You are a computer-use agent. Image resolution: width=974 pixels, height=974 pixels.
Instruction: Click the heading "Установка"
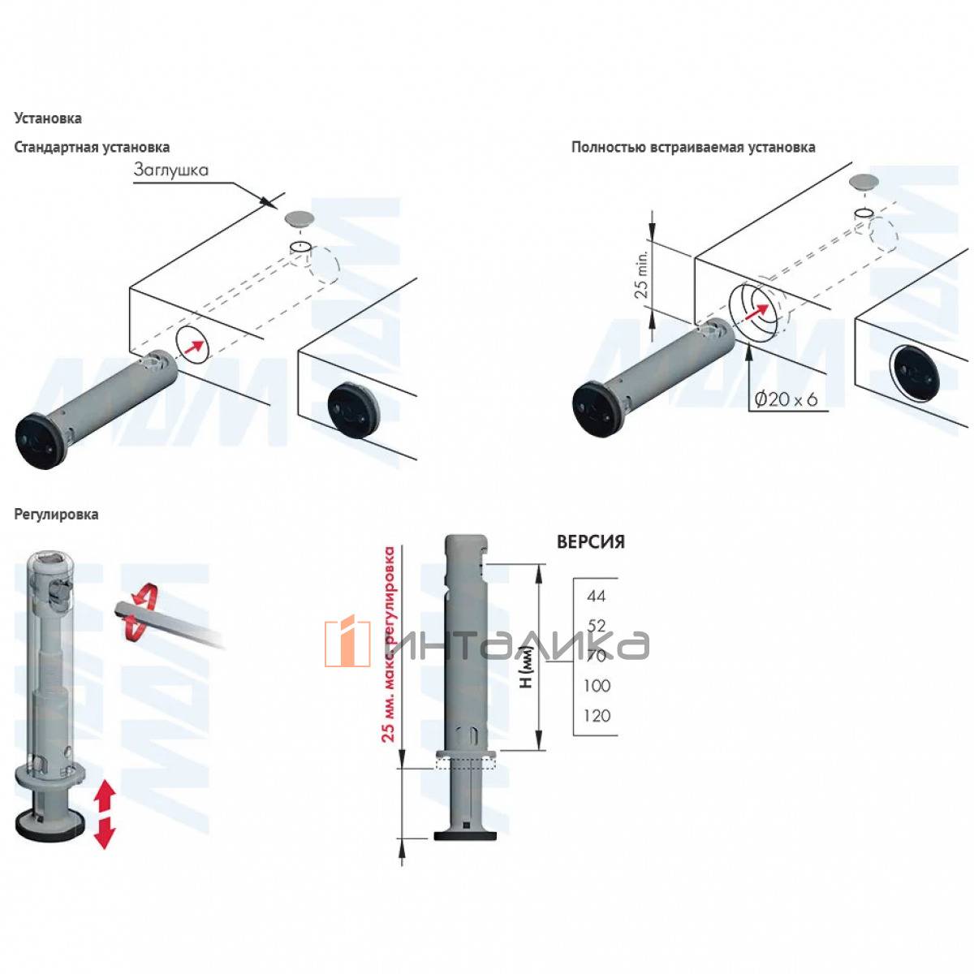coord(48,119)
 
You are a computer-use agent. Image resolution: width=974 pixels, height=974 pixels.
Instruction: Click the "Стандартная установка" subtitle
coord(92,147)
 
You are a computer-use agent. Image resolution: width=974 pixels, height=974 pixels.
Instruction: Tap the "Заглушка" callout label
coord(171,170)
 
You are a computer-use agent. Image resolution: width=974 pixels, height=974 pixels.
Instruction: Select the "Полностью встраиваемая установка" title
coord(693,147)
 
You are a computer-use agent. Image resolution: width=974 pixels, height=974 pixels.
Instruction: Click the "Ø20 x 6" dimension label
coord(786,399)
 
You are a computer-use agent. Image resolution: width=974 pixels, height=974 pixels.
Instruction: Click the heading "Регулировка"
coord(56,515)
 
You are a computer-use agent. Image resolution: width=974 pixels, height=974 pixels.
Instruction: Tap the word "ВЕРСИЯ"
coord(590,542)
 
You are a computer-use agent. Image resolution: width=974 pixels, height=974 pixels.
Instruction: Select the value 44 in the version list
coord(596,596)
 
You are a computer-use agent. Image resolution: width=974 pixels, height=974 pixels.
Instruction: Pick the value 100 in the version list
coord(597,686)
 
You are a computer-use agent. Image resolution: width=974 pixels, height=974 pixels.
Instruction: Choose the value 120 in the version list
coord(597,716)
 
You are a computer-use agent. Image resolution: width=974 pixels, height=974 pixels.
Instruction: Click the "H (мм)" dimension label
coord(526,672)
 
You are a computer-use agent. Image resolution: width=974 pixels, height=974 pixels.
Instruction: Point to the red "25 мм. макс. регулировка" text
coord(389,644)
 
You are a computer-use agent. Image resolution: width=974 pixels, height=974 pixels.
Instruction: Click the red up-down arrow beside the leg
coord(104,814)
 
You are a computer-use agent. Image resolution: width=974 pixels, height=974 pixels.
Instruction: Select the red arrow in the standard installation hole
coord(193,346)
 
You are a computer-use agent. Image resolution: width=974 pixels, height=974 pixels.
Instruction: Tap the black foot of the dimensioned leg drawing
coord(466,834)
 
